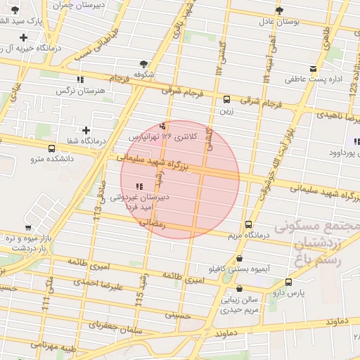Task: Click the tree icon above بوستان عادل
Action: (280, 11)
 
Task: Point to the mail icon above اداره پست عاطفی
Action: (311, 69)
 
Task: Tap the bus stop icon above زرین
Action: (226, 100)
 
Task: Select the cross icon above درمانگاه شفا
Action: (86, 130)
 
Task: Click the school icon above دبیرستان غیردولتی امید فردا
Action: (139, 186)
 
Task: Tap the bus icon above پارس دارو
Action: (289, 282)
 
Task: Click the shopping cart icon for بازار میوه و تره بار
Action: (28, 228)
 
